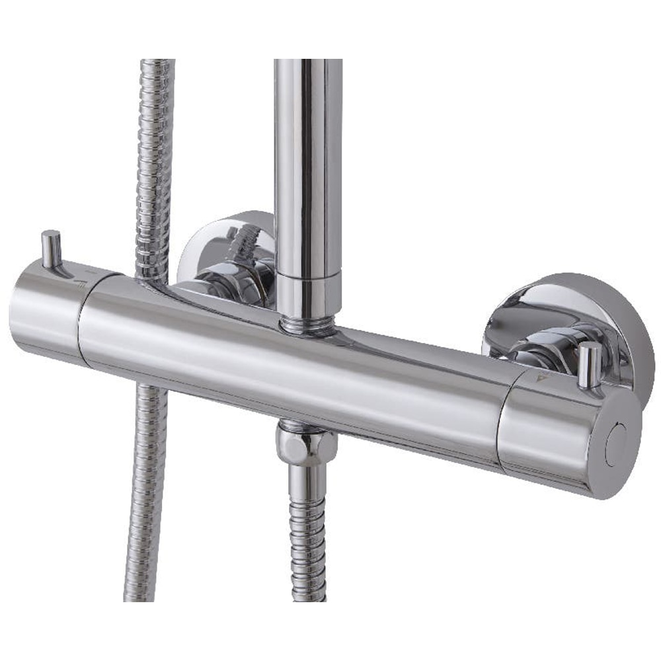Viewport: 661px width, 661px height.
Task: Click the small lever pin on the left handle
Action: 51,249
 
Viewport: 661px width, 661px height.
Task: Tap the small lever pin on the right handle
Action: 590,364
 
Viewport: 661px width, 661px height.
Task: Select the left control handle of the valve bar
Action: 46,311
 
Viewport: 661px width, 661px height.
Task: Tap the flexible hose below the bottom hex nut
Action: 308,535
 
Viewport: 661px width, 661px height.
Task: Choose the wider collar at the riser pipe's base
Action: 308,291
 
